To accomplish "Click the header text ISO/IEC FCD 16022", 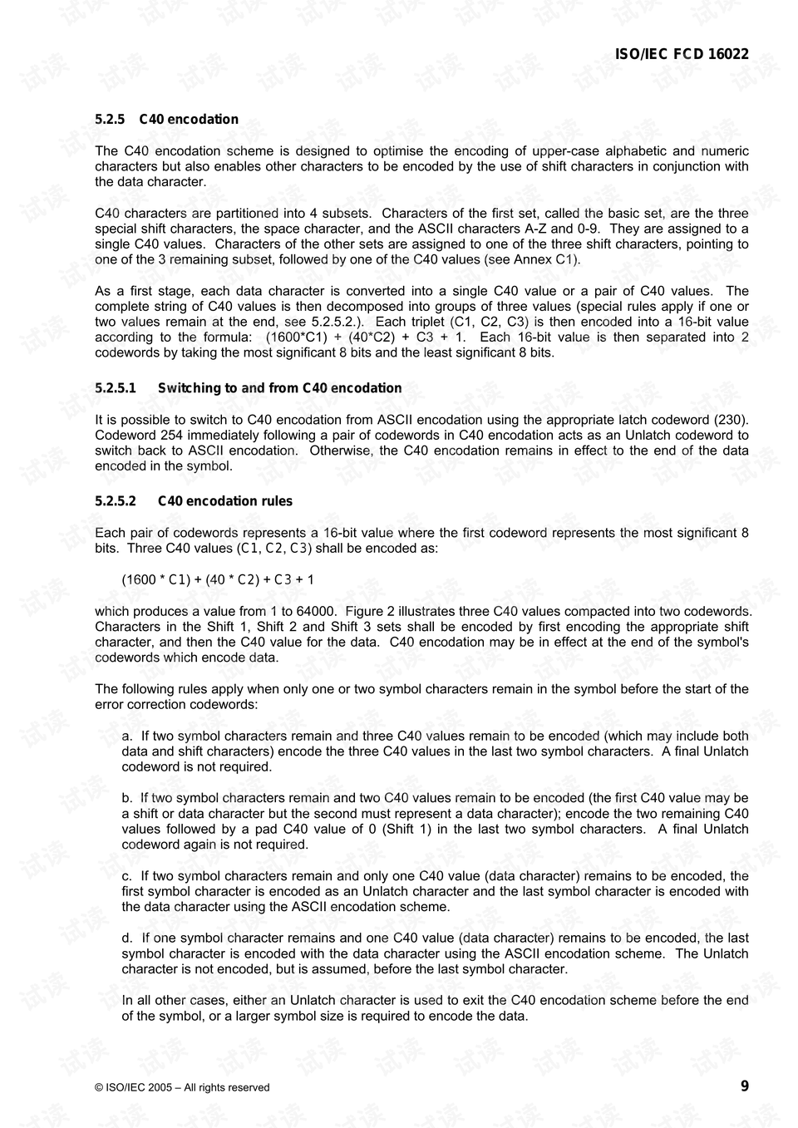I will tap(682, 54).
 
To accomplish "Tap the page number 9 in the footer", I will tap(745, 1086).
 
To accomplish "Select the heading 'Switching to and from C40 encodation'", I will tap(279, 388).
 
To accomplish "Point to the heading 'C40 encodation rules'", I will tap(224, 501).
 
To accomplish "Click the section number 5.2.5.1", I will tap(115, 388).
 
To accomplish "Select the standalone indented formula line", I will tap(218, 579).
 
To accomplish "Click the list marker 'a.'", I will tap(127, 736).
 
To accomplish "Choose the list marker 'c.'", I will tap(127, 876).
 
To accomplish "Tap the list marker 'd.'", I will tap(127, 938).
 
